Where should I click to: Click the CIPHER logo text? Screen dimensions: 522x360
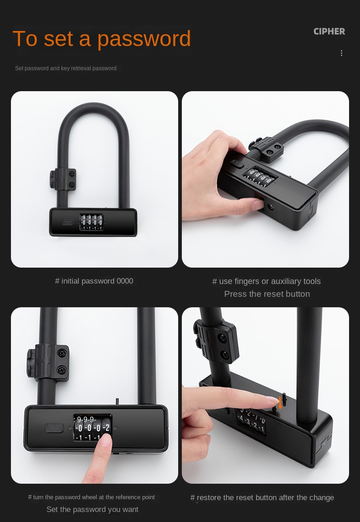[329, 31]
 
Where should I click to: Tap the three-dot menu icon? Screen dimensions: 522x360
[341, 53]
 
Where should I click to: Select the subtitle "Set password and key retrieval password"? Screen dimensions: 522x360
[66, 68]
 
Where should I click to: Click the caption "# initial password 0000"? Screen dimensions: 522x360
[94, 281]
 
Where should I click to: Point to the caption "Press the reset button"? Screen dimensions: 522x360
[267, 294]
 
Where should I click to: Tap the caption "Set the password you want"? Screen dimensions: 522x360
[93, 509]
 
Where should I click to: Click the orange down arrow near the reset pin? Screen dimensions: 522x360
[280, 402]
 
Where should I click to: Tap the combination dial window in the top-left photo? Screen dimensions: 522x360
[91, 222]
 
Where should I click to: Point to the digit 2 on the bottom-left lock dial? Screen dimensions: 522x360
[107, 428]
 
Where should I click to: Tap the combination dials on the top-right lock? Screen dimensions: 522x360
[260, 176]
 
